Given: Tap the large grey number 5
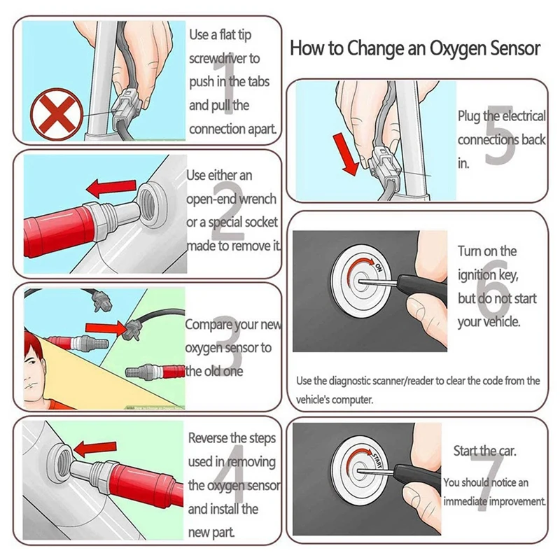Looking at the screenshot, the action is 500,135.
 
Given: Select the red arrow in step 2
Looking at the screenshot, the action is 111,188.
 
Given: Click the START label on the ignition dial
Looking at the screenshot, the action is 377,461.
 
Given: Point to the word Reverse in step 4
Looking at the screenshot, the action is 208,437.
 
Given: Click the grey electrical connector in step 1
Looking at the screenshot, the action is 126,107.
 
